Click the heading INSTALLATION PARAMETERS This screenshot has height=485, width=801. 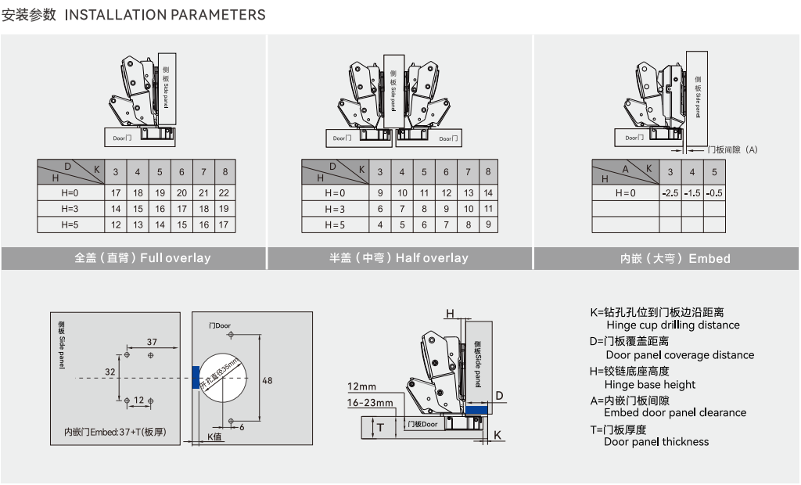pos(165,15)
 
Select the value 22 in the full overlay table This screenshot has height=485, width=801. pos(224,192)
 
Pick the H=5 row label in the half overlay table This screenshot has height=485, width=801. pos(334,225)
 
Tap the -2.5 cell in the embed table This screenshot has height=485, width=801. pos(670,192)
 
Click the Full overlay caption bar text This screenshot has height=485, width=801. pos(142,258)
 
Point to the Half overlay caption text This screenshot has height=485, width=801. pos(399,258)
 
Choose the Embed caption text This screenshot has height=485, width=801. pos(675,258)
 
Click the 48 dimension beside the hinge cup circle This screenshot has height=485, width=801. pos(267,381)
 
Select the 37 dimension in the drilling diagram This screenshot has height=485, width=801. pos(152,342)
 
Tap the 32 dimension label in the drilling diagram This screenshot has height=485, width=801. pos(110,372)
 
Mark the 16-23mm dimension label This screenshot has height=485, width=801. pos(371,403)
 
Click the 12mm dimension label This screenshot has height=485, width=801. pos(362,386)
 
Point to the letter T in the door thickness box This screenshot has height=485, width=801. pos(381,427)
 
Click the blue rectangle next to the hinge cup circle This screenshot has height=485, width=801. pos(196,377)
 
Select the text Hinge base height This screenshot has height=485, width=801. pos(650,384)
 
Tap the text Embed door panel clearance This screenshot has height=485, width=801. pos(675,413)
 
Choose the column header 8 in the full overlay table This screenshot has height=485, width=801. pos(225,172)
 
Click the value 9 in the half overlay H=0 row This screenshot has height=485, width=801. pos(380,192)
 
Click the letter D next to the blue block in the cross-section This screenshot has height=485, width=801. pos(498,395)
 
